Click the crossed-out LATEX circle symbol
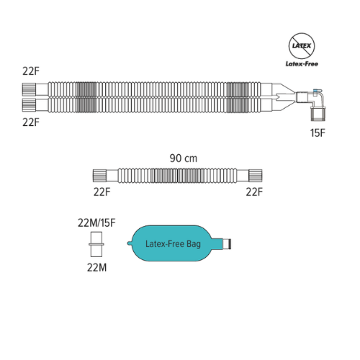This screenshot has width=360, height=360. tap(302, 46)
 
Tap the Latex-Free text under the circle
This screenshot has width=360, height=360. tap(302, 64)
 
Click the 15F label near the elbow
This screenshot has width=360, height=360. tap(318, 132)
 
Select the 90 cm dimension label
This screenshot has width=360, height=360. tap(184, 158)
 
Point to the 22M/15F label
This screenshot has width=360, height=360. tap(96, 223)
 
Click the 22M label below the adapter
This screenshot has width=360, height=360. tap(96, 268)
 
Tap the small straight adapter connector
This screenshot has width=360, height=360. tap(96, 244)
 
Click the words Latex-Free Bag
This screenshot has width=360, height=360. tap(173, 244)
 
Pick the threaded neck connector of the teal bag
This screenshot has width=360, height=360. tap(227, 244)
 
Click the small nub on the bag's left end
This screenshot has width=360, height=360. tap(129, 243)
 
